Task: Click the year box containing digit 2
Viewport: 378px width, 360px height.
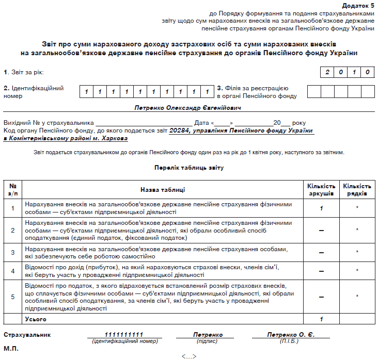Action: pos(327,72)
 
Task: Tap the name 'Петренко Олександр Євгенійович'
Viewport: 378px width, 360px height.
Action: pos(188,108)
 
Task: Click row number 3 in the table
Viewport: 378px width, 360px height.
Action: pos(13,253)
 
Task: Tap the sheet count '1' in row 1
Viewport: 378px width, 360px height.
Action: pos(321,208)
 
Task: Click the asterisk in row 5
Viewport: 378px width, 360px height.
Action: pos(357,297)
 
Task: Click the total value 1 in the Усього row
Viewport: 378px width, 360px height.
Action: pos(321,319)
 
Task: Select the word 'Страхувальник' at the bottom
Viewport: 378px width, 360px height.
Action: pos(27,335)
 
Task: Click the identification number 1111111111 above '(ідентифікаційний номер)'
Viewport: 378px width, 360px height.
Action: pos(124,335)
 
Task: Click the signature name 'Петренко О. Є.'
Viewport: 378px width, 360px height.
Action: pos(291,335)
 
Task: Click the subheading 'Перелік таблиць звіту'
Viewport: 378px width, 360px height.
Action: pos(188,168)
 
